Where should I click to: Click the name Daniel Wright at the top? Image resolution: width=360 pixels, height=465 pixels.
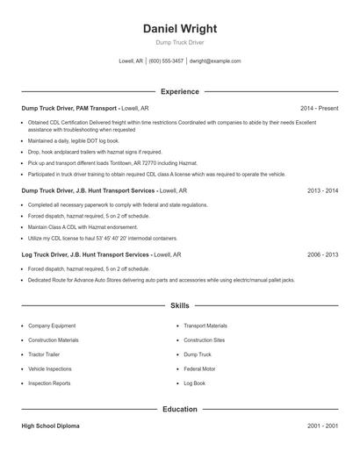(x=179, y=28)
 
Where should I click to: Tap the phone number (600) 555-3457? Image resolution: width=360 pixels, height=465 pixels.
(x=166, y=61)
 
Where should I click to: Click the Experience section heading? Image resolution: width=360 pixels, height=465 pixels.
(x=179, y=91)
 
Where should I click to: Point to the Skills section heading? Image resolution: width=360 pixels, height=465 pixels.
(x=179, y=305)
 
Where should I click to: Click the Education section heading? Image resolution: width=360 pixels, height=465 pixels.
(x=179, y=409)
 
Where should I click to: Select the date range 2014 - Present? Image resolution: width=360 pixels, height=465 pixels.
(x=319, y=108)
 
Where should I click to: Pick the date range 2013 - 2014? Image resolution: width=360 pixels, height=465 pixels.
(x=322, y=190)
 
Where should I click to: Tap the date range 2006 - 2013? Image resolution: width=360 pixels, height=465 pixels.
(x=322, y=254)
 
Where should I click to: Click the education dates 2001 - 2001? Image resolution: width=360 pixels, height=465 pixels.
(x=322, y=426)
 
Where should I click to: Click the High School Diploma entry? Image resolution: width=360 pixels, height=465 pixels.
(x=51, y=426)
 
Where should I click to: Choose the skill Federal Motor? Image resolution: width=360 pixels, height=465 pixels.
(x=199, y=369)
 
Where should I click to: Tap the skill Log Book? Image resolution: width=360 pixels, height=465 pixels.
(x=194, y=383)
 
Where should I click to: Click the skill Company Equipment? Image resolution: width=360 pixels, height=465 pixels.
(x=53, y=325)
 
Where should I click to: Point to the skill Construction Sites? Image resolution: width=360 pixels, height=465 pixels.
(x=204, y=340)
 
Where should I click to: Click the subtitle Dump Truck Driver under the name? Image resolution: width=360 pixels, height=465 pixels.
(x=179, y=43)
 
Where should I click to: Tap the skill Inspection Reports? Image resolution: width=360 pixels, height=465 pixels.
(x=49, y=383)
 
